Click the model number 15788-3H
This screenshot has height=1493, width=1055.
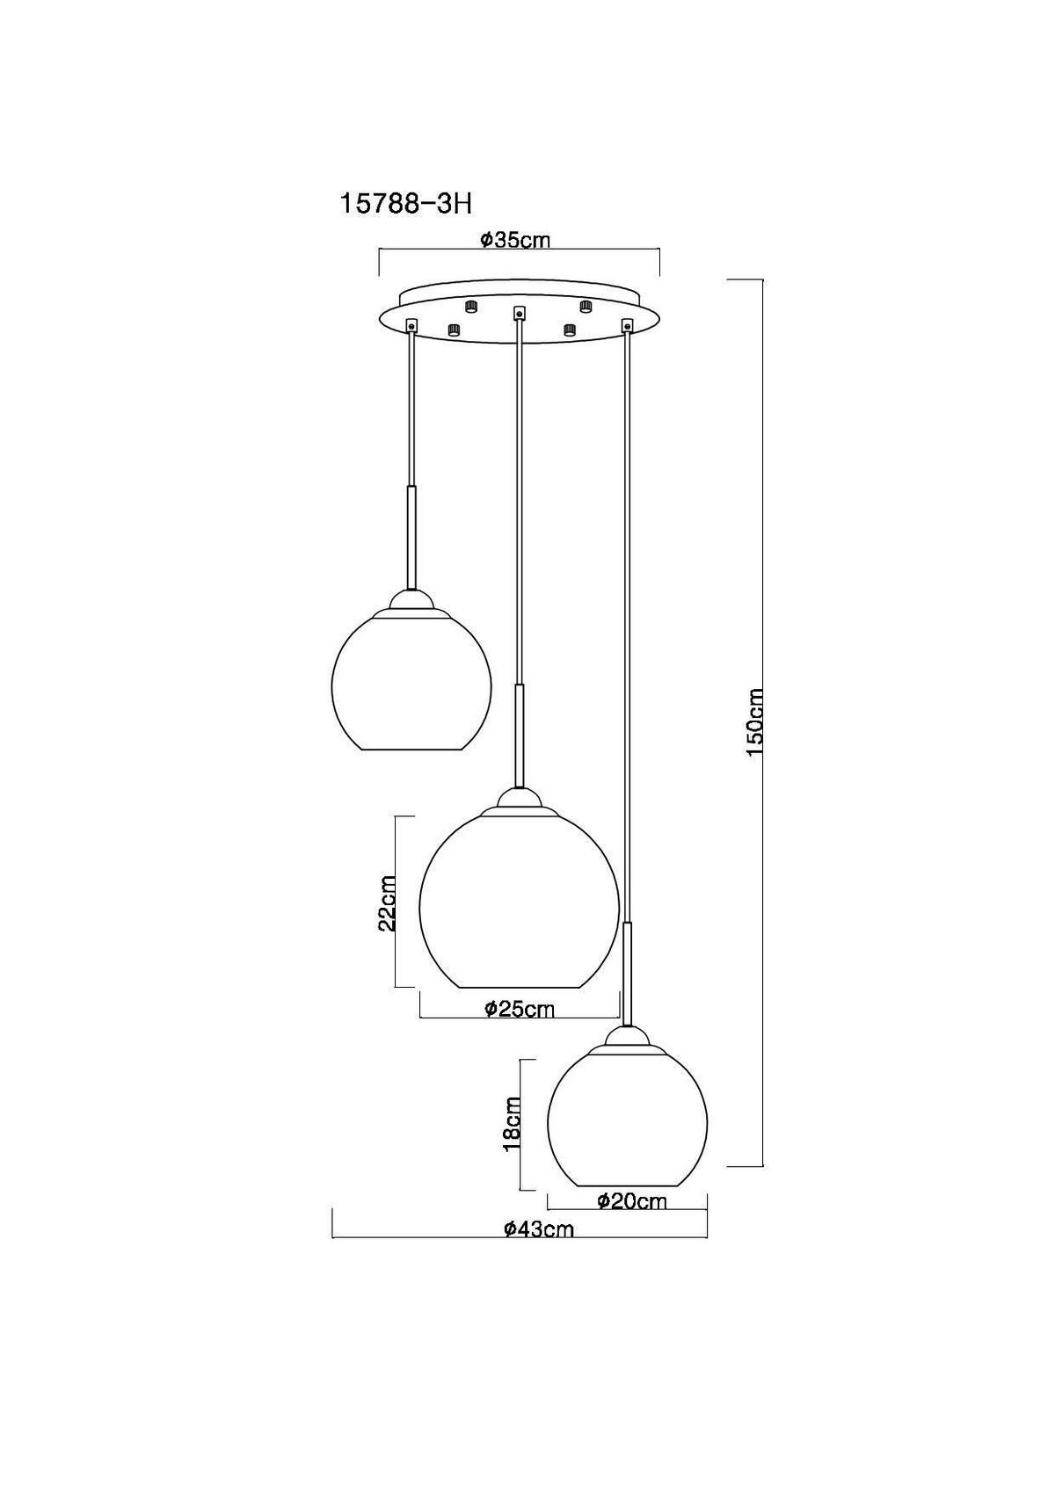point(405,204)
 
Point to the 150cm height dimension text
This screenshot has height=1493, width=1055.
point(755,723)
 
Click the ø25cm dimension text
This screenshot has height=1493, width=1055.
point(520,1009)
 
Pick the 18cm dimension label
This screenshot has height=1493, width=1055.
point(511,1124)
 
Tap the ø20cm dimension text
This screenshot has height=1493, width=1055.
point(631,1200)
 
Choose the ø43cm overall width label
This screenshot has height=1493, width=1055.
point(538,1229)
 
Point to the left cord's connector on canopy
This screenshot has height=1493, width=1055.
point(411,326)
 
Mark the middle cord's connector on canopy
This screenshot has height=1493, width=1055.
point(519,311)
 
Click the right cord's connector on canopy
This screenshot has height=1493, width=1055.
point(627,326)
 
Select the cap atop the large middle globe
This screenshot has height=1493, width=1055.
point(520,799)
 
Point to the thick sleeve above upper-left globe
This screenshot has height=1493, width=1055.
point(411,536)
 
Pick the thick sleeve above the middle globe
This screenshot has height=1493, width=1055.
point(520,734)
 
